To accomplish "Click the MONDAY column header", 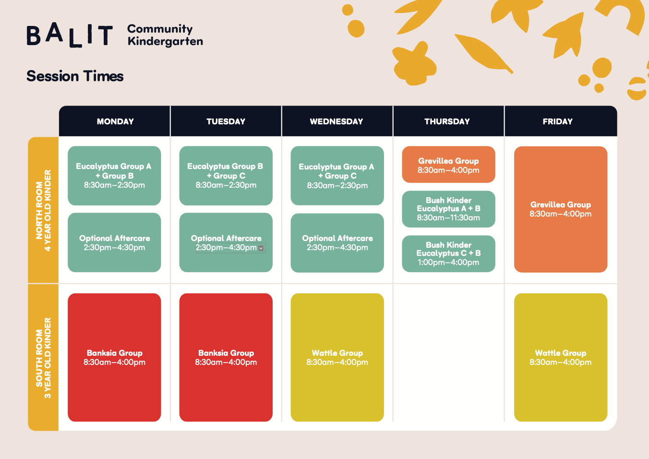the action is [x=115, y=121].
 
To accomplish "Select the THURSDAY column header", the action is [x=447, y=121].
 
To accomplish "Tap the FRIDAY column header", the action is [x=557, y=121].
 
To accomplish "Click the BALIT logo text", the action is [x=70, y=35].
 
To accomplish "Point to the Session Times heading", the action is [x=75, y=76].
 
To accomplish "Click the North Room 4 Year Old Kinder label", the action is [x=44, y=210].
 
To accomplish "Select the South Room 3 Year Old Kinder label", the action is [x=44, y=358].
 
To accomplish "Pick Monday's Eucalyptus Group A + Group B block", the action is [x=114, y=176].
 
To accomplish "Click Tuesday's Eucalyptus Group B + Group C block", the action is [x=226, y=176].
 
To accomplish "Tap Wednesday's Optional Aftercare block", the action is [x=337, y=243].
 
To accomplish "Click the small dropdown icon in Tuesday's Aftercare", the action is [x=261, y=248].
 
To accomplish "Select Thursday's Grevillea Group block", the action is [x=448, y=164].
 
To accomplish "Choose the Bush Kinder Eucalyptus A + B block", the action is [x=448, y=209].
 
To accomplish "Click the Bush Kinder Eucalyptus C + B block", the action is [x=448, y=254].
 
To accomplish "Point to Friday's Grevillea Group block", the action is [x=561, y=209].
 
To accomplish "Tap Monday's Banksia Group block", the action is [x=114, y=357].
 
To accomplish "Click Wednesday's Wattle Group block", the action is [x=337, y=357].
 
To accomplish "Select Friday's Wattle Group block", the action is [x=561, y=357].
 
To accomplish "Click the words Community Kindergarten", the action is [x=165, y=36].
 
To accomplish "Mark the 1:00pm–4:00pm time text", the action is [x=448, y=262].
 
